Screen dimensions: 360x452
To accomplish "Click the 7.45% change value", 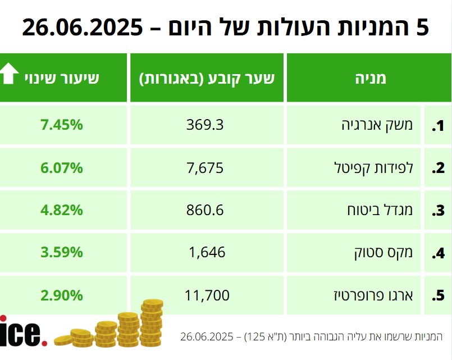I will [62, 125].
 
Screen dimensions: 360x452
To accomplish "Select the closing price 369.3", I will [205, 125].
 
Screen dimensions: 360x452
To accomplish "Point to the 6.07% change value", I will [62, 167].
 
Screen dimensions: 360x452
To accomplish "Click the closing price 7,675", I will [205, 167].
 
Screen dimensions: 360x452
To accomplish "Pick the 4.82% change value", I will [62, 210].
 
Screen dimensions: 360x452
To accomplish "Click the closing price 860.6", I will [205, 210].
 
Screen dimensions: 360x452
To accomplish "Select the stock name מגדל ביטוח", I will [381, 210].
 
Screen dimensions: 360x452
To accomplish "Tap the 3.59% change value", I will [62, 252].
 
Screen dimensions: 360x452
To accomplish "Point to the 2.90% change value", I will [62, 295].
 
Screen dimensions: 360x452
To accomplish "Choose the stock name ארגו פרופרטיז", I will [373, 295].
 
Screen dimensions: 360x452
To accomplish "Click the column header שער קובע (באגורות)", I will [207, 78].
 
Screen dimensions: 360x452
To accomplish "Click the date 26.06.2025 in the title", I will [83, 27].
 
